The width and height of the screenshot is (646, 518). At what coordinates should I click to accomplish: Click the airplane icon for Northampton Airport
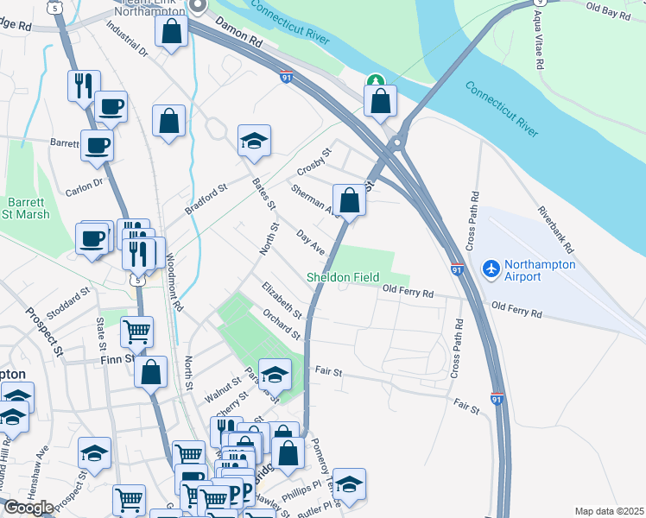pyautogui.click(x=491, y=269)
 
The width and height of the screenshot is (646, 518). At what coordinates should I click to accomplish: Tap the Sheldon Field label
pyautogui.click(x=344, y=277)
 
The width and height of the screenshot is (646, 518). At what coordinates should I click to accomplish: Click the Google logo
pyautogui.click(x=28, y=507)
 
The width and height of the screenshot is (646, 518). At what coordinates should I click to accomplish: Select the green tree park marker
pyautogui.click(x=375, y=82)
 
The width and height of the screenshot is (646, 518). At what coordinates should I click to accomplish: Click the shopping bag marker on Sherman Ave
pyautogui.click(x=348, y=200)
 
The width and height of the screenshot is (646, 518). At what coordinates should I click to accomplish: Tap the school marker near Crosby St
pyautogui.click(x=254, y=142)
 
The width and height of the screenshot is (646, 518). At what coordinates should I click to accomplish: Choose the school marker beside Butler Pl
pyautogui.click(x=349, y=485)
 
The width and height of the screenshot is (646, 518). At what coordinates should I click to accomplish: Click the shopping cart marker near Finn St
pyautogui.click(x=136, y=330)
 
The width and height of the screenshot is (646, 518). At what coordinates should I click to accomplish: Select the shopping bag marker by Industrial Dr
pyautogui.click(x=172, y=31)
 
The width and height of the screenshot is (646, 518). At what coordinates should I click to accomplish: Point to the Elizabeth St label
pyautogui.click(x=282, y=299)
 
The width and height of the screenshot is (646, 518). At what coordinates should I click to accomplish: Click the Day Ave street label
pyautogui.click(x=310, y=242)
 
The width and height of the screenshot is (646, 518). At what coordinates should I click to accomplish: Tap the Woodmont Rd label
pyautogui.click(x=176, y=281)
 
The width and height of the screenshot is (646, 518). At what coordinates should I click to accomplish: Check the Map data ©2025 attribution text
pyautogui.click(x=609, y=511)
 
